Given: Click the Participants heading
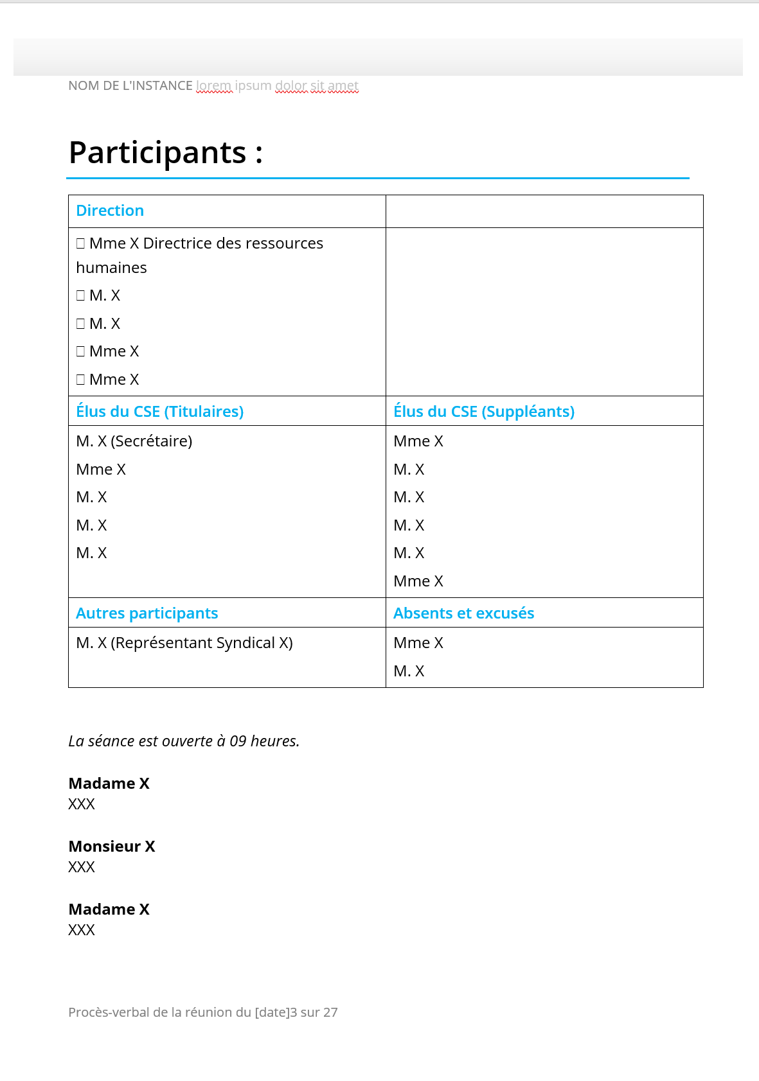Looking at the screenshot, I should click(x=165, y=153).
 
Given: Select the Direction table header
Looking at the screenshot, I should click(x=110, y=211).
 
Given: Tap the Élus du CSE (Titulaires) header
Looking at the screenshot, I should click(x=159, y=412).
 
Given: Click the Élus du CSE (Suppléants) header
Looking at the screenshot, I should click(x=484, y=412).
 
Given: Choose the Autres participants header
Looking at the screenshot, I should click(x=147, y=613).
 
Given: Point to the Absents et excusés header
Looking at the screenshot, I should click(x=463, y=613).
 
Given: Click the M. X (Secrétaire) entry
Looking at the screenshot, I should click(x=134, y=441).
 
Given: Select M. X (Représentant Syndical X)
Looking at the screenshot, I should click(x=184, y=643).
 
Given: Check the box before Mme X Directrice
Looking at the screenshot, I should click(x=80, y=243).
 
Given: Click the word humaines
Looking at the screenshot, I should click(x=111, y=268).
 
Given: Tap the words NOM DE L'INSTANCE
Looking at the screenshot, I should click(x=130, y=85).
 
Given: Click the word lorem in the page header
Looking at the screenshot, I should click(x=213, y=85).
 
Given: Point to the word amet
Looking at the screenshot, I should click(x=343, y=85).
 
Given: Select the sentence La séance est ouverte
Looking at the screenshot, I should click(x=184, y=741).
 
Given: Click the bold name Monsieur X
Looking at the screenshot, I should click(x=112, y=847).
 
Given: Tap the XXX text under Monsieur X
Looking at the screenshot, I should click(x=82, y=867).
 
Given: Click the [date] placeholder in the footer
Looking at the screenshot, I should click(x=272, y=1012).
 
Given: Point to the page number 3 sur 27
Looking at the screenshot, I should click(x=314, y=1012).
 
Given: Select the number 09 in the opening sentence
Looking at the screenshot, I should click(x=238, y=741).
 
